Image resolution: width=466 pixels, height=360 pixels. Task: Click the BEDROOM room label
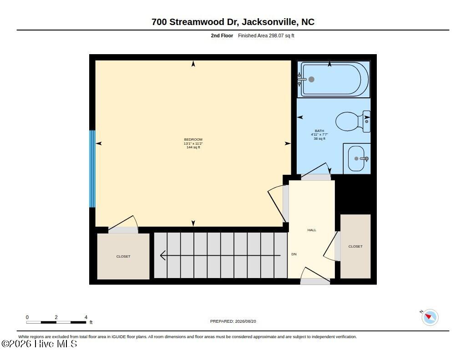tap(193, 139)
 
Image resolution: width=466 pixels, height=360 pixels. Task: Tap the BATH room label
tap(319, 131)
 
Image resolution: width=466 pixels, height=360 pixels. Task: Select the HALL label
tap(312, 230)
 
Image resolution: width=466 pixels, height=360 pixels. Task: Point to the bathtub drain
tap(311, 79)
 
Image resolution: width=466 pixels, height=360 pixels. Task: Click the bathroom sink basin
tap(356, 158)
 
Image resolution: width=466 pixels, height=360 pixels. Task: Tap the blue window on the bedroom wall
tap(92, 169)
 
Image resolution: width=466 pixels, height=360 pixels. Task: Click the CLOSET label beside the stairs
tap(123, 257)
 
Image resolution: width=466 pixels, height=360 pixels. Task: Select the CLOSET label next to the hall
tap(355, 246)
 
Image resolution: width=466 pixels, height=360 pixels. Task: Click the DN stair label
tap(294, 254)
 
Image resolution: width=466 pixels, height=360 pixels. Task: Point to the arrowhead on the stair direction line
tap(162, 255)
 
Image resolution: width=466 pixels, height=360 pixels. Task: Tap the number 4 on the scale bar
tap(86, 317)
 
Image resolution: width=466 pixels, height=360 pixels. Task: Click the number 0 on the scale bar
tap(27, 317)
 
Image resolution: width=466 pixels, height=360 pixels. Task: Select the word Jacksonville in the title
tap(269, 22)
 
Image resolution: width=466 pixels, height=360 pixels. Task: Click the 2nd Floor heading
tap(222, 35)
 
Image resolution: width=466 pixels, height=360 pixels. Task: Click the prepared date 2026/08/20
tap(245, 321)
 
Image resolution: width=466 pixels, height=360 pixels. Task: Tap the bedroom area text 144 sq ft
tap(193, 147)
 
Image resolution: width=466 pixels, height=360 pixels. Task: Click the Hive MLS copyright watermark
tap(39, 344)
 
